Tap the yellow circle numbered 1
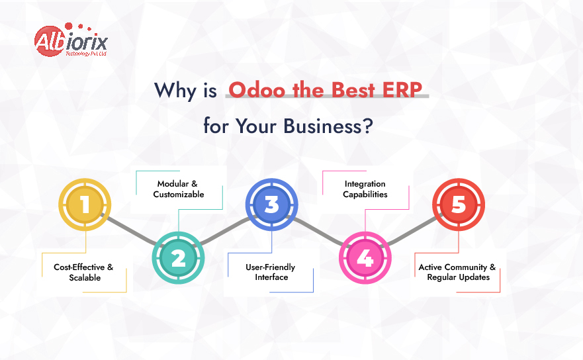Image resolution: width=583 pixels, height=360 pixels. tap(85, 204)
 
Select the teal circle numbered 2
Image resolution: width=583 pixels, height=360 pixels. tap(179, 258)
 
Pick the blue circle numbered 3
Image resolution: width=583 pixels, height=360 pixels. tap(272, 204)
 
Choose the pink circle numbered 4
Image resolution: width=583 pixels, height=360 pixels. tap(365, 258)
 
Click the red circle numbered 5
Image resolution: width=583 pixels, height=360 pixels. tap(459, 204)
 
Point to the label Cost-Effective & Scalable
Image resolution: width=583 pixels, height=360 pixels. tap(84, 272)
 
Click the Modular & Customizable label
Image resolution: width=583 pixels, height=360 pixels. tap(179, 189)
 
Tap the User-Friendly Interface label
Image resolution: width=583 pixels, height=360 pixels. tap(271, 272)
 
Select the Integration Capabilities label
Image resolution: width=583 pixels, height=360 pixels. tap(365, 189)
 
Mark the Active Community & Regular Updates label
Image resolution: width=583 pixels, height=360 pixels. tap(457, 272)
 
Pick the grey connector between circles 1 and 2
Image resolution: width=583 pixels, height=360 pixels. tap(132, 232)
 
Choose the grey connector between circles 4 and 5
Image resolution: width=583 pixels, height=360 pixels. tap(412, 232)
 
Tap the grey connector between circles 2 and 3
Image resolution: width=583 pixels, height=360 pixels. tap(225, 232)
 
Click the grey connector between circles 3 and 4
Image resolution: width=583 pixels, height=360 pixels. tap(318, 232)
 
